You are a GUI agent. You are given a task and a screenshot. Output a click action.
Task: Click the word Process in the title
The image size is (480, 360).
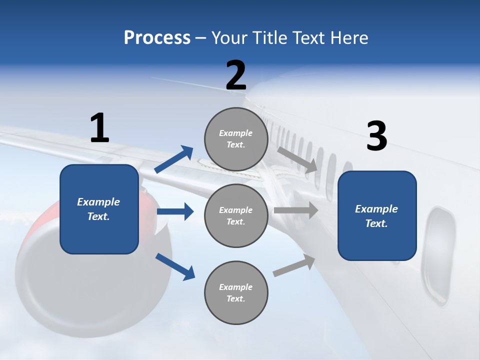click(157, 38)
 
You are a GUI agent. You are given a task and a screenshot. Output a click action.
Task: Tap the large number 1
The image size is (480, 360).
click(99, 128)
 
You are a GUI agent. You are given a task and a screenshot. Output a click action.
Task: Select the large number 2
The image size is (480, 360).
click(236, 75)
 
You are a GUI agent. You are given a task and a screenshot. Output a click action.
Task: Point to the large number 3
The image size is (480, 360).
click(376, 136)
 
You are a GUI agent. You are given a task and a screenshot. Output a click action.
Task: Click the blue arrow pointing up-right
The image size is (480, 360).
click(174, 159)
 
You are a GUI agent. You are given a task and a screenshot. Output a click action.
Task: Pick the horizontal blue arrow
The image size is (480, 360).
click(175, 211)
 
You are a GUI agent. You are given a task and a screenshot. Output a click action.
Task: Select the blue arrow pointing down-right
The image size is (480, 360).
click(175, 266)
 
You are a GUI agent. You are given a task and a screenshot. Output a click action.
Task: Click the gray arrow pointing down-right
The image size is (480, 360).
click(298, 159)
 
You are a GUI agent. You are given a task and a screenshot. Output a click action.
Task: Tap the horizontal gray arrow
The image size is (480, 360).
click(295, 210)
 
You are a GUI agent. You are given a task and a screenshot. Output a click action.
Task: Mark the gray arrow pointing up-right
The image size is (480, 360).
click(294, 265)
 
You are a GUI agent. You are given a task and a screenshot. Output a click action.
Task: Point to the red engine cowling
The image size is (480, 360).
click(30, 235)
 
